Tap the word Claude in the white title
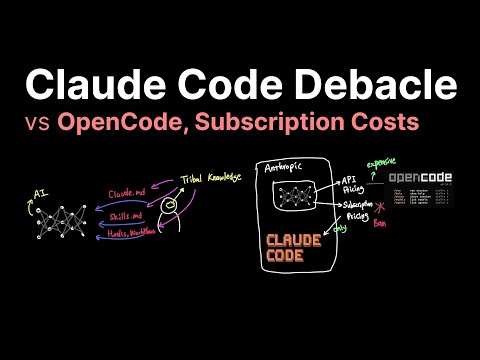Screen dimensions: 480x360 (x=83, y=84)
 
